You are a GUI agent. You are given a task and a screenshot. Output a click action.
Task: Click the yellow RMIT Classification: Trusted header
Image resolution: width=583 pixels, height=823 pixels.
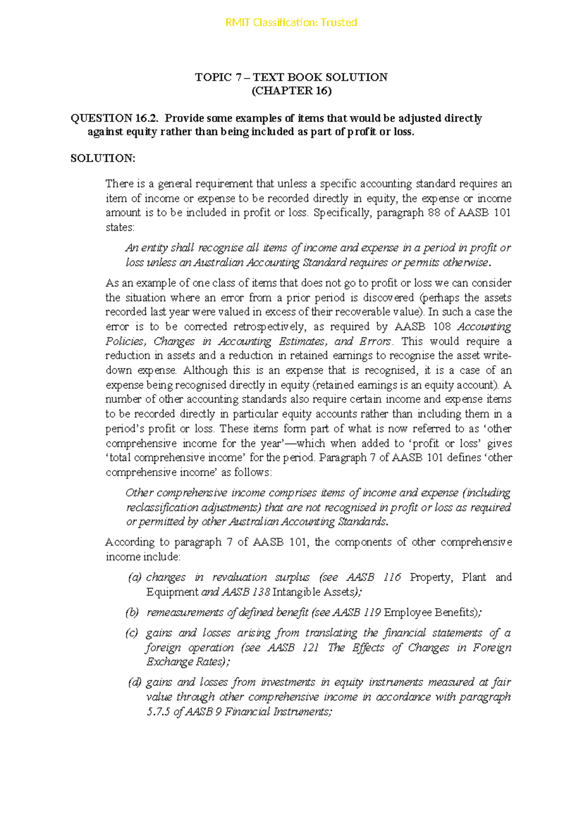(291, 22)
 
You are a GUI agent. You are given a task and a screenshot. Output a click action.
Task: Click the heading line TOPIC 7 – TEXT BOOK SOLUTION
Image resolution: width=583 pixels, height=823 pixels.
(291, 77)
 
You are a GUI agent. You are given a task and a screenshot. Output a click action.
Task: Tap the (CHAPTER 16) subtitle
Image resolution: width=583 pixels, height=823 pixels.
(291, 91)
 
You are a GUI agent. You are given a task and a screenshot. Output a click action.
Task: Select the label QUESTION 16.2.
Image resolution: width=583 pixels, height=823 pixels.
(115, 118)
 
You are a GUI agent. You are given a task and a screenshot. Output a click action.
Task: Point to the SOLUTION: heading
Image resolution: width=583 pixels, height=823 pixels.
(103, 159)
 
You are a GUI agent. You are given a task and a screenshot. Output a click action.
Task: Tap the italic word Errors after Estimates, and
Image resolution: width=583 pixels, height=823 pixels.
(375, 341)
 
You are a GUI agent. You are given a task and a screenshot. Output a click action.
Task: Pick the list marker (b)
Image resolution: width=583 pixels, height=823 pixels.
(132, 612)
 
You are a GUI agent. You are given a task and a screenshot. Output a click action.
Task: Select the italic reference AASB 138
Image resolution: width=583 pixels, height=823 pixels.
(246, 592)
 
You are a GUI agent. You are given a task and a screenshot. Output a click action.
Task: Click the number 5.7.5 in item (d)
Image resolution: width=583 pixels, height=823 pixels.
(158, 712)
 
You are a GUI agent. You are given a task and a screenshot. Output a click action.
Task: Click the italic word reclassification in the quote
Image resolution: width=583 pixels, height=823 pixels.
(162, 508)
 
